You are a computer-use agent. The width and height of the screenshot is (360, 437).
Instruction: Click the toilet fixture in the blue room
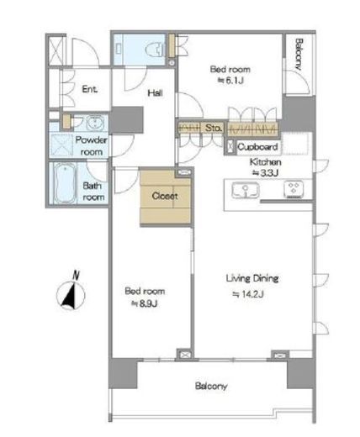pos(155,50)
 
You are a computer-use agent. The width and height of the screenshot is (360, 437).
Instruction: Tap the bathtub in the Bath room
pos(66,183)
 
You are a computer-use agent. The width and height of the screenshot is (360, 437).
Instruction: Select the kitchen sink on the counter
pos(246,190)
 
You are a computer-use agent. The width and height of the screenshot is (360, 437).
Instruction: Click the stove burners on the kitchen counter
pos(294,189)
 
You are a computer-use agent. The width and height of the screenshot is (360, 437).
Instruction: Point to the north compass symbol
pos(71,292)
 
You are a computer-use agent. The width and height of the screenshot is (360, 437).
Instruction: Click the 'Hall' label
pos(155,92)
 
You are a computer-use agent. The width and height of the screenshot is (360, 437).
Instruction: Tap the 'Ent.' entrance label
pos(90,89)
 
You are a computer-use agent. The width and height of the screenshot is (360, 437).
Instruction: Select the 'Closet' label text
pos(165,196)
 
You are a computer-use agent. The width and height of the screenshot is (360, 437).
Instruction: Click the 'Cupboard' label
pos(257,147)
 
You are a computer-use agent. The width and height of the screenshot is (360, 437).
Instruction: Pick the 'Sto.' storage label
pos(214,128)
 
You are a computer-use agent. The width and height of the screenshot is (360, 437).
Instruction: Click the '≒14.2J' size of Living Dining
pos(248,294)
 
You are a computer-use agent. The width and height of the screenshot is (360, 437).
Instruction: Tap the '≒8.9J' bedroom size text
pos(145,303)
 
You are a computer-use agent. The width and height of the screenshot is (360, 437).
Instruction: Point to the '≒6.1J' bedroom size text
pos(230,81)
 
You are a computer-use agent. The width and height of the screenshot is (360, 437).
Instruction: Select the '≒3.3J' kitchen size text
pos(265,173)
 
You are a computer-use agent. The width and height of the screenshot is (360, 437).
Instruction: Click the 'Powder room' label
pos(92,146)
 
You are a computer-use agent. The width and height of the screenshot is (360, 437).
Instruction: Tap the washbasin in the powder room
pos(95,123)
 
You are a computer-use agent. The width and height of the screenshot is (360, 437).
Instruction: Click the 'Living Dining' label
pos(252,278)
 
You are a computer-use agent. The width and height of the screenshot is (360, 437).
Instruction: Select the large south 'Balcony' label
pos(211,387)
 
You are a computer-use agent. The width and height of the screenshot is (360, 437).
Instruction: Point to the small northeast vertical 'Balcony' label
pos(299,55)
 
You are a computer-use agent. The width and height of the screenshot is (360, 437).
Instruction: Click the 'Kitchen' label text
pos(266,162)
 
